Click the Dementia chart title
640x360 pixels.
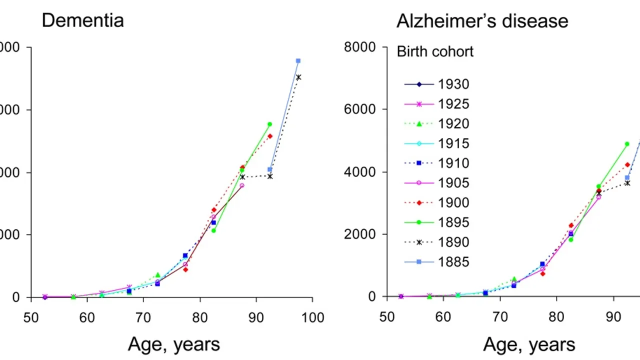pyautogui.click(x=82, y=20)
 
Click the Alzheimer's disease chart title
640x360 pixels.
pyautogui.click(x=482, y=21)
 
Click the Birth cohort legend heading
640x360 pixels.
pyautogui.click(x=435, y=51)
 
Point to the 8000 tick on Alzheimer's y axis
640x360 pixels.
pyautogui.click(x=360, y=47)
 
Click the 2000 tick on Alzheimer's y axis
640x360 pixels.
pyautogui.click(x=360, y=234)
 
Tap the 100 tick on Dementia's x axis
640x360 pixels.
pyautogui.click(x=313, y=317)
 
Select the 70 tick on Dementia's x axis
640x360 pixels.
pyautogui.click(x=143, y=317)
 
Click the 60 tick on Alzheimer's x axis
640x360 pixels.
pyautogui.click(x=442, y=317)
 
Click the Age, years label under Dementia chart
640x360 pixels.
pyautogui.click(x=173, y=344)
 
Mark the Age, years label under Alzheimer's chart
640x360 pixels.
pyautogui.click(x=529, y=344)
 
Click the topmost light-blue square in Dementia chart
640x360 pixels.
pyautogui.click(x=298, y=61)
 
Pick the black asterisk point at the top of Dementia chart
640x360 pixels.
pyautogui.click(x=298, y=77)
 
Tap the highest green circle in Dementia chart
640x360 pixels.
pyautogui.click(x=269, y=124)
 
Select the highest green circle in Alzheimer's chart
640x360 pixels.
pyautogui.click(x=627, y=144)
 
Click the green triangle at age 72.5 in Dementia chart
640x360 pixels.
pyautogui.click(x=157, y=275)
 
